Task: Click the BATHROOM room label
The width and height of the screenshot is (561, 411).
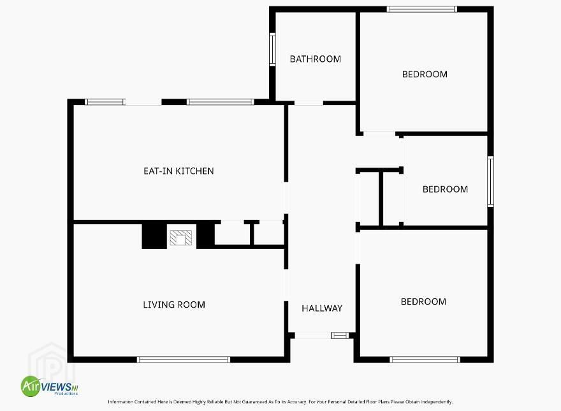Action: click(315, 59)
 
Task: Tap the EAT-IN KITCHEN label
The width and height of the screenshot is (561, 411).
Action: click(178, 171)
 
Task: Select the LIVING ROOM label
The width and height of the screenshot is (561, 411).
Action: click(174, 305)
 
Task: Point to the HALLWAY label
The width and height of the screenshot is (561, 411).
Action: click(322, 308)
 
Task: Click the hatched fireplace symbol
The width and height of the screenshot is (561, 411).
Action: click(180, 238)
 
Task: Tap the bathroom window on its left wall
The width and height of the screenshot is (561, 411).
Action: click(272, 49)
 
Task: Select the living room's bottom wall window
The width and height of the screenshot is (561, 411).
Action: click(184, 359)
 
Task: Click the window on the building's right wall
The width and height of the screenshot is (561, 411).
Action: click(490, 182)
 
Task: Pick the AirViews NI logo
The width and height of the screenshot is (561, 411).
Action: click(49, 386)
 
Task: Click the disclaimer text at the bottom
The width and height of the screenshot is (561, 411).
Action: click(280, 401)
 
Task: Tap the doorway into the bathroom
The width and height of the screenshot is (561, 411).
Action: click(309, 103)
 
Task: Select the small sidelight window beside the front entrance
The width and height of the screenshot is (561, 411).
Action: click(340, 336)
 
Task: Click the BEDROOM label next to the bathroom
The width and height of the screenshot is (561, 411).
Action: click(425, 75)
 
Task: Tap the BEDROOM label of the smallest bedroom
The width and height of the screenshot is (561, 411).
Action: click(445, 189)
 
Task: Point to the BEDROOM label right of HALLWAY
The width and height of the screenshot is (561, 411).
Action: click(423, 302)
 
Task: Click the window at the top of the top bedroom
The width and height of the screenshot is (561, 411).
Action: click(421, 10)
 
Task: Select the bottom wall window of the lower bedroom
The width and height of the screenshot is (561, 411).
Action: click(425, 359)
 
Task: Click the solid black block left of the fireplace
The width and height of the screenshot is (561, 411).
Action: click(154, 236)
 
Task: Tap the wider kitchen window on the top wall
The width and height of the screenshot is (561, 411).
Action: click(221, 102)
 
